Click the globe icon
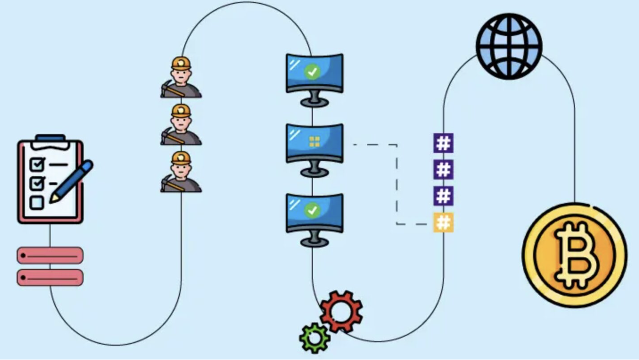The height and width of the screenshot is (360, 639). (509, 46)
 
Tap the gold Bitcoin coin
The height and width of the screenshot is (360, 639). (574, 254)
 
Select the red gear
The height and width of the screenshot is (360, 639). (341, 311)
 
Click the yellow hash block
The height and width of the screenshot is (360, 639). (443, 222)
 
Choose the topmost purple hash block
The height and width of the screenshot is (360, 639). (443, 144)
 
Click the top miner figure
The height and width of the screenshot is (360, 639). (181, 78)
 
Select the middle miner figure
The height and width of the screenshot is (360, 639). (181, 125)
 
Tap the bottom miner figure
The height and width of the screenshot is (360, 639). (181, 172)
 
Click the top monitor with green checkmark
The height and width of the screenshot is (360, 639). (314, 73)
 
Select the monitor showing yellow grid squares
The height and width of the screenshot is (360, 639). (314, 143)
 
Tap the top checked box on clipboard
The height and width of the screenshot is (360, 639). (37, 164)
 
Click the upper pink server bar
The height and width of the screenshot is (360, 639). (50, 255)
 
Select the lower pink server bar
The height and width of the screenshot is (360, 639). (50, 278)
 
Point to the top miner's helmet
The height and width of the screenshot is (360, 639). (181, 63)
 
